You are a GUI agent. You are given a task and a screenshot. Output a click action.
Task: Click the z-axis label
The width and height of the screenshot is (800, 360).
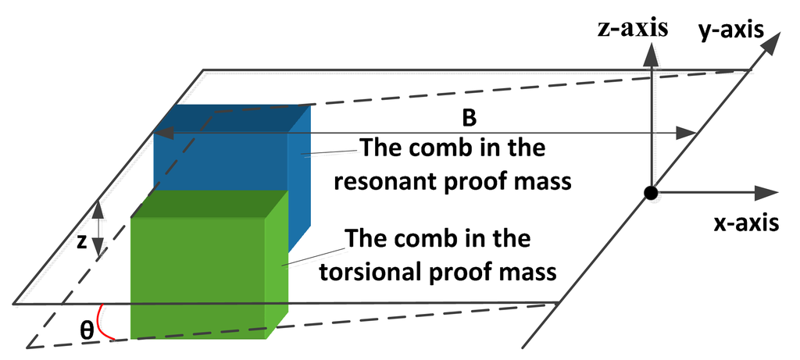click(633, 30)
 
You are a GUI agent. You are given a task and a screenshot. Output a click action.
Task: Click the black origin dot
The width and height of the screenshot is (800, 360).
click(650, 193)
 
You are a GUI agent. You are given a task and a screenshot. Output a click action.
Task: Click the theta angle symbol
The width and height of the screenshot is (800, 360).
click(87, 330)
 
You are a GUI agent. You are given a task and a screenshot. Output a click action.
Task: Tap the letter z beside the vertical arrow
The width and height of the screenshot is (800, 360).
click(81, 243)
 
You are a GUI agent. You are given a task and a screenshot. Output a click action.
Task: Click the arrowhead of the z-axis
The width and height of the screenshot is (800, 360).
click(650, 52)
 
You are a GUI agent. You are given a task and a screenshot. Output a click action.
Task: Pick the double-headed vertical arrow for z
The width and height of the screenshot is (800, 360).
click(98, 230)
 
